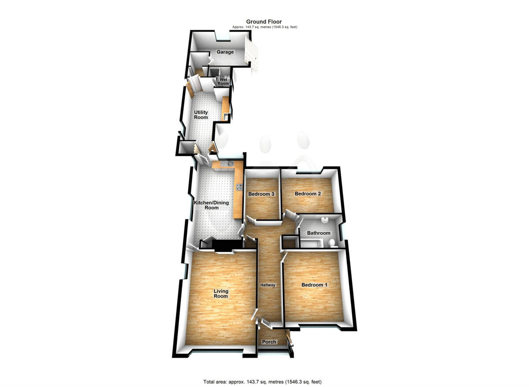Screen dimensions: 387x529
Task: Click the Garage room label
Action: (x=225, y=52)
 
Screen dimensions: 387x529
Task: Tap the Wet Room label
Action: (x=224, y=82)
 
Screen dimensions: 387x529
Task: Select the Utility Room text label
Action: (x=201, y=115)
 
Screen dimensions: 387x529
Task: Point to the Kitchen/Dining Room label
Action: (x=212, y=205)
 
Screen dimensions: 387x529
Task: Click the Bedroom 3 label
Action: (x=261, y=194)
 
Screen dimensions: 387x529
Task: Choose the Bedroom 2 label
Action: (x=307, y=194)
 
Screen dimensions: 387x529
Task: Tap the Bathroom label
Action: (x=318, y=233)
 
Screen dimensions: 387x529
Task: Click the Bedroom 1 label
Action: (x=314, y=285)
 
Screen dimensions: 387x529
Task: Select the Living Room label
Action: (x=221, y=293)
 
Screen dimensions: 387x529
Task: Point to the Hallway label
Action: (x=268, y=285)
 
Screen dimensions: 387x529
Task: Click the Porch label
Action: (x=269, y=342)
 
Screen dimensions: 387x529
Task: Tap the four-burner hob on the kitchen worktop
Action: (x=238, y=187)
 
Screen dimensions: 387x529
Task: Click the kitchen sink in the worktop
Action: (x=229, y=164)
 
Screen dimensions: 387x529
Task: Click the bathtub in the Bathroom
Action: (x=313, y=242)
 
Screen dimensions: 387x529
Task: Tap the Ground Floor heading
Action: (x=264, y=22)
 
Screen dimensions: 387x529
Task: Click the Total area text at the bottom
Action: (x=264, y=382)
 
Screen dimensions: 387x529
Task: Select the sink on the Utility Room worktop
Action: (x=226, y=116)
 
